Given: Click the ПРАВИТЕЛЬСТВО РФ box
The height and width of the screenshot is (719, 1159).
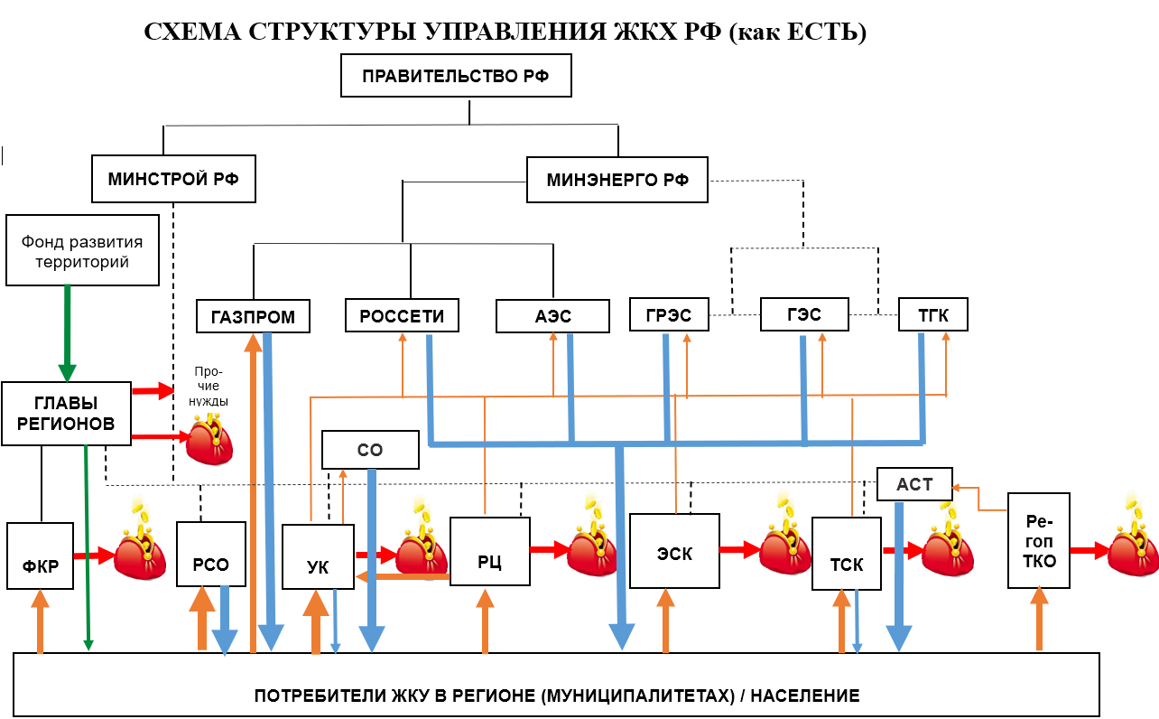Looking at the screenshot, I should point(457,76).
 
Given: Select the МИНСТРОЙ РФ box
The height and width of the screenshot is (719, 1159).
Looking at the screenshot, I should point(173,179).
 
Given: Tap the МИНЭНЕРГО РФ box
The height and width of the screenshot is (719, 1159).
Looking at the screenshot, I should point(617,180).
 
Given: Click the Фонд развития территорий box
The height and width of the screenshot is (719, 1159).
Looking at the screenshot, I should point(82,250).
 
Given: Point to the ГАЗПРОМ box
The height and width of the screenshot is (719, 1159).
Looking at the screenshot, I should point(253,316).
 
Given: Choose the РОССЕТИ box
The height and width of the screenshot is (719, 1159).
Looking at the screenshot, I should point(402,315).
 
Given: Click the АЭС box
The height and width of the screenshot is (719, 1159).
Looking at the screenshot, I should point(551,316).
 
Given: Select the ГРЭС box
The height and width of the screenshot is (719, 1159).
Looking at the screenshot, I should point(669,315).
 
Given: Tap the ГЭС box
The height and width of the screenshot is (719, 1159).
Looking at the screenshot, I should point(803,314).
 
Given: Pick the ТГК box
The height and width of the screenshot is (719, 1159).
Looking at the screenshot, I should point(933,314).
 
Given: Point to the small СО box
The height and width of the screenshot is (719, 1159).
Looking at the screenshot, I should point(370,450).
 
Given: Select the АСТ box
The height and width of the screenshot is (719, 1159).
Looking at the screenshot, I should point(914,484).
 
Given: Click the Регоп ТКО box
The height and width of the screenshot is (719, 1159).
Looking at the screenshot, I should point(1038,540).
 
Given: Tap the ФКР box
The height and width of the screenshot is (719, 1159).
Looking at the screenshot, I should point(40,556).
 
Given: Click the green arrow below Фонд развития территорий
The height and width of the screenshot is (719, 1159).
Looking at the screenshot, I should point(67,333).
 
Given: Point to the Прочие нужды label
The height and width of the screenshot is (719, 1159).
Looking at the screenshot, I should point(209,386).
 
